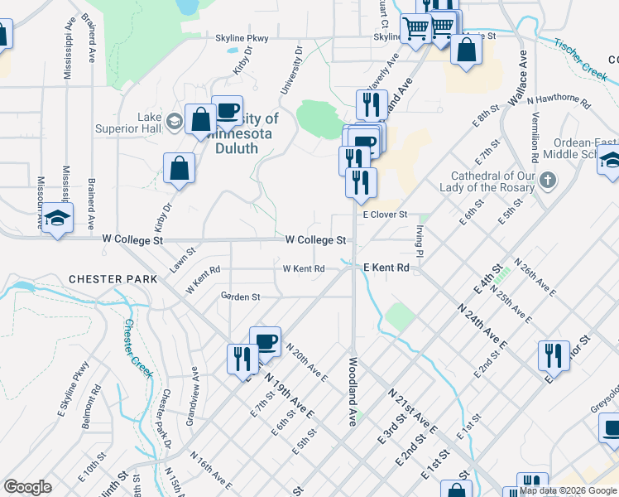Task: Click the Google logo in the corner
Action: pos(27,487)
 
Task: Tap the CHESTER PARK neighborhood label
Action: pos(113,279)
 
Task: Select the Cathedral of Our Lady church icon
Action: pos(547,180)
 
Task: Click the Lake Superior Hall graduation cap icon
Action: pos(175,121)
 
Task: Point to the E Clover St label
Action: pos(386,214)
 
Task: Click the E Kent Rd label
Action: pos(386,268)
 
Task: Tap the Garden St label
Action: pos(240,296)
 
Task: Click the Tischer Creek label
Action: pos(580,59)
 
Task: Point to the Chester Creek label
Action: pos(140,348)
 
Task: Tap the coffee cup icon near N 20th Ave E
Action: pos(265,340)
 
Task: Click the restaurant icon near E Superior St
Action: pos(554,355)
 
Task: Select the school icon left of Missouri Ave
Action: pos(57,219)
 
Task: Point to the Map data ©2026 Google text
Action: pos(569,490)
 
